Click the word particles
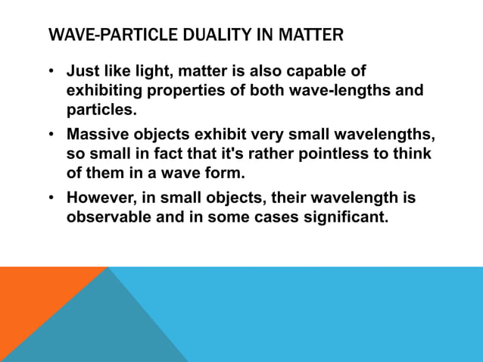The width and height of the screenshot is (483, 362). click(x=101, y=110)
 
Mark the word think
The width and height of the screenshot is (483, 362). click(x=412, y=154)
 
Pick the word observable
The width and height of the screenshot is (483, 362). click(x=112, y=217)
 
